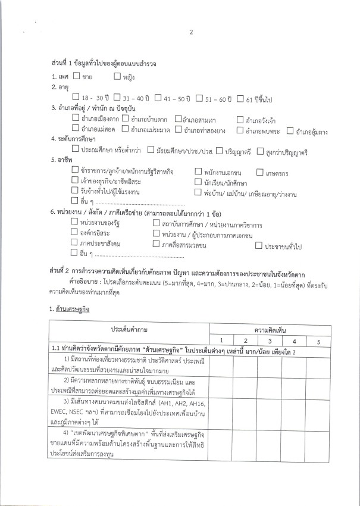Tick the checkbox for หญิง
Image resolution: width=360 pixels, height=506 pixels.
pyautogui.click(x=117, y=76)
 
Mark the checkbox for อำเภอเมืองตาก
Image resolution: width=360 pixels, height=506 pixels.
pyautogui.click(x=75, y=118)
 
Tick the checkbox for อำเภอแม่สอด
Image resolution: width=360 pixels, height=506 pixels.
pyautogui.click(x=75, y=129)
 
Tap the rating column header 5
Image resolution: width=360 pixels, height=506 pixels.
pyautogui.click(x=318, y=341)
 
